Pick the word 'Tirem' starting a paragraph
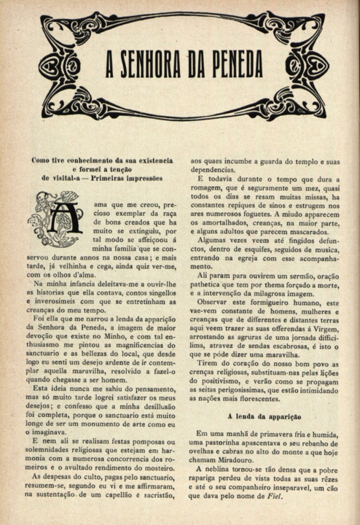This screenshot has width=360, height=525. pos(211,362)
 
